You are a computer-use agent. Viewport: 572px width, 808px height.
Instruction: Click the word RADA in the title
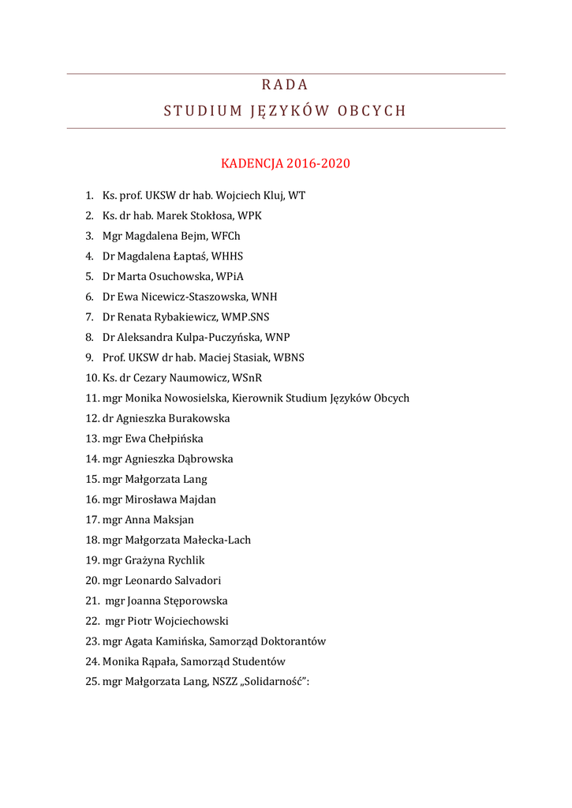click(x=285, y=85)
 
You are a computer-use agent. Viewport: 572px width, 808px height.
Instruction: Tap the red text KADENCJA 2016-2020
click(x=285, y=164)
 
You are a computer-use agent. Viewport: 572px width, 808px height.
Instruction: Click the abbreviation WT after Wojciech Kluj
click(x=297, y=195)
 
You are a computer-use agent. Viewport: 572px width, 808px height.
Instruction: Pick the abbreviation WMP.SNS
click(x=245, y=317)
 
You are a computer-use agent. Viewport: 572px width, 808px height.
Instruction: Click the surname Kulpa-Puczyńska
click(x=214, y=338)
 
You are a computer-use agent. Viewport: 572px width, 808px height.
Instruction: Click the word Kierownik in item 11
click(x=258, y=398)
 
